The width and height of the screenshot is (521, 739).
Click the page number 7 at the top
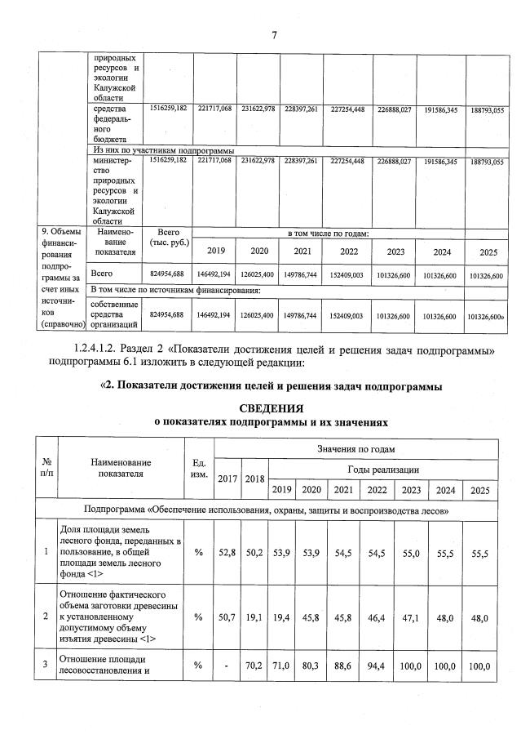coord(274,34)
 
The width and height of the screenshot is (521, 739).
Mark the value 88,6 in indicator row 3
coord(343,666)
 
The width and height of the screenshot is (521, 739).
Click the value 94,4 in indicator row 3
coord(377,666)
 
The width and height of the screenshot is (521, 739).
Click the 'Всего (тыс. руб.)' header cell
coord(167,238)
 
